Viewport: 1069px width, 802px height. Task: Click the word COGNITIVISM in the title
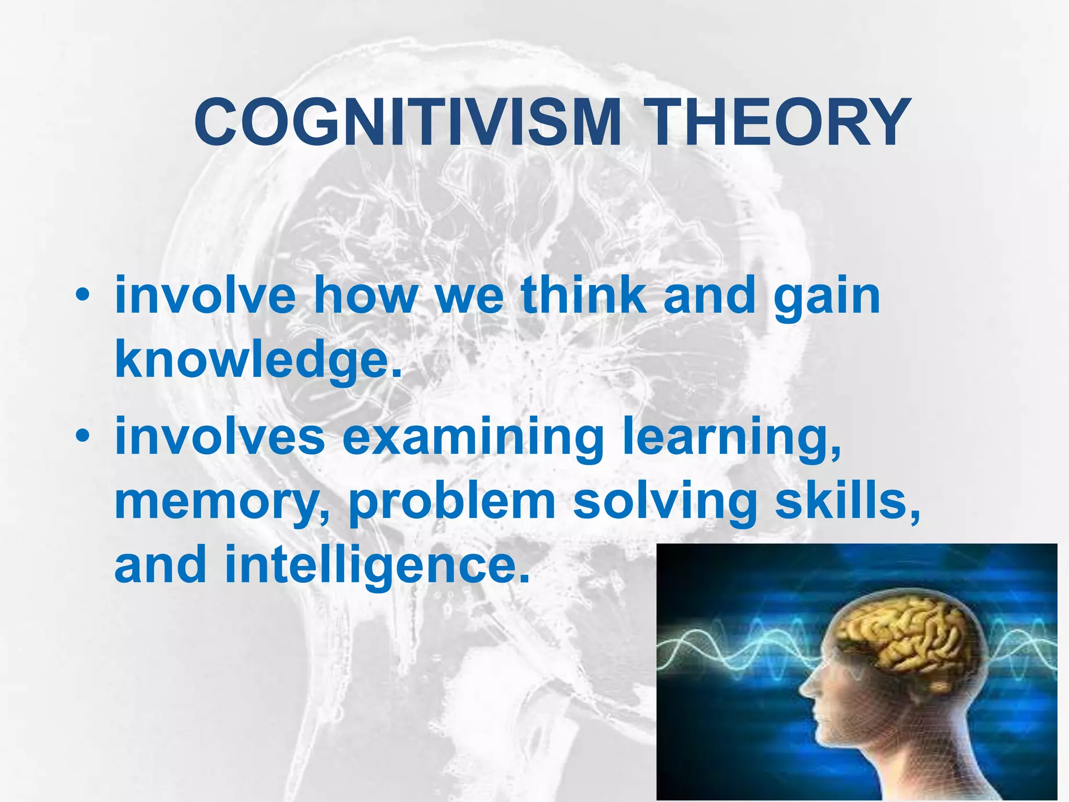(x=407, y=123)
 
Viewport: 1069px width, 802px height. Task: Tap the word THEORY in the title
(x=782, y=123)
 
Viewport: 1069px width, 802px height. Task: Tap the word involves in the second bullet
(x=219, y=436)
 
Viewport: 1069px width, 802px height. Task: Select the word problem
(x=452, y=502)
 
